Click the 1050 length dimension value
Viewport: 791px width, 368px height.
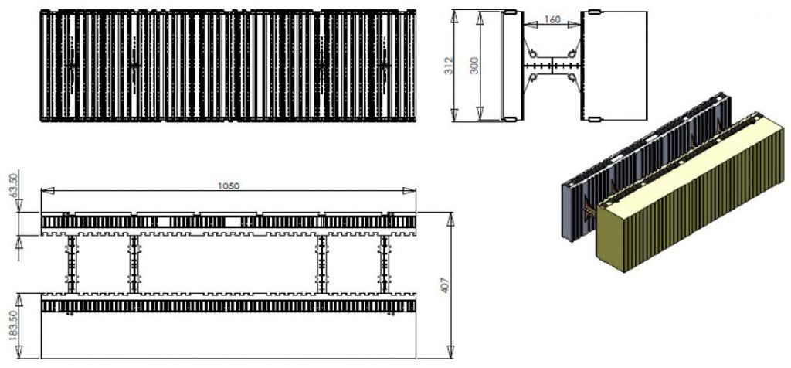[x=229, y=185]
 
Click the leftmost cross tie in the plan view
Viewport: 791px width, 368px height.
[x=72, y=264]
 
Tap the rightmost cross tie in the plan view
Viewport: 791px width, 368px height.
[x=384, y=264]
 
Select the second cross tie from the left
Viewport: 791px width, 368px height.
[x=134, y=264]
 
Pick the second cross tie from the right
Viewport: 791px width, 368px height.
[x=321, y=264]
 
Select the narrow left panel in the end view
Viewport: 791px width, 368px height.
[x=510, y=65]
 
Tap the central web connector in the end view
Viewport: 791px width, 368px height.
[x=552, y=66]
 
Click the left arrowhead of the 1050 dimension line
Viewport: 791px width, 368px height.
[x=44, y=191]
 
